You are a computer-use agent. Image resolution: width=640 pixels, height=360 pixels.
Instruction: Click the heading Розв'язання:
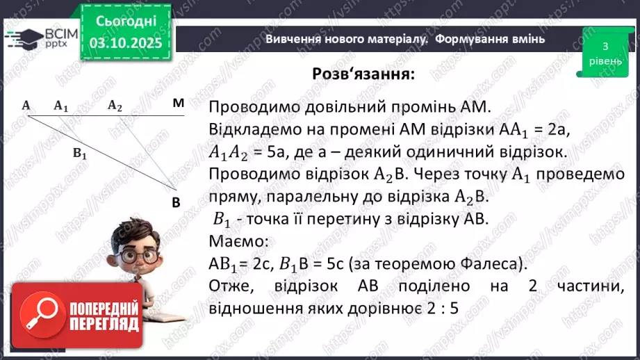point(363,74)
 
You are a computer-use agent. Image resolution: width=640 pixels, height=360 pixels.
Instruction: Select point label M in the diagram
point(179,104)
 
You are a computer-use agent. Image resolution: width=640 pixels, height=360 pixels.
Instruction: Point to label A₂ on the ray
point(115,106)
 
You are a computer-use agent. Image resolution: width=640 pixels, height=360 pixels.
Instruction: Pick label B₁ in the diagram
point(80,155)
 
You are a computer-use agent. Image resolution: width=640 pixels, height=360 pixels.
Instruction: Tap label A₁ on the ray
point(61,106)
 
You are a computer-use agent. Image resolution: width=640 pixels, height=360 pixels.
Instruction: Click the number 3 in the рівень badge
point(605,46)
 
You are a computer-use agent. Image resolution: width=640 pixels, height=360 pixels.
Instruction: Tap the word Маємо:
point(238,241)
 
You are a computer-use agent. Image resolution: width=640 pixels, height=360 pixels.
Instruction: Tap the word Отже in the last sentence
point(227,286)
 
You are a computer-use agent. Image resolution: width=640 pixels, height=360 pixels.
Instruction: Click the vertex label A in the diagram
point(26,106)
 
